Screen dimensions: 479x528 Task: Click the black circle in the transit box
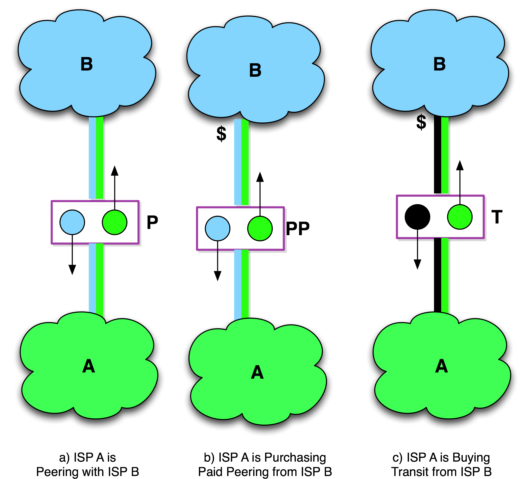pos(417,217)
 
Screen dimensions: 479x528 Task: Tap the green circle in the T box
pos(460,217)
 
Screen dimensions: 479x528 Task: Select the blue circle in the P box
pos(72,222)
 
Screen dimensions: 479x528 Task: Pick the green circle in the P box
pos(115,222)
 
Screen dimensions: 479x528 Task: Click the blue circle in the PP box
pos(218,229)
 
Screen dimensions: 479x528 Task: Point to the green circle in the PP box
pos(260,229)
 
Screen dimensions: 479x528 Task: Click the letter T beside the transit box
pos(497,217)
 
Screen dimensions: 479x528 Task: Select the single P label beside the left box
pos(152,222)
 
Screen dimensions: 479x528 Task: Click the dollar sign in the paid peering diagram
pos(221,135)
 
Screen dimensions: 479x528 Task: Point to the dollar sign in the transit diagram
pos(421,125)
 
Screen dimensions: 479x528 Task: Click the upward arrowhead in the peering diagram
pos(115,171)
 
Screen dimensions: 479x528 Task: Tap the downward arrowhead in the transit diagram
pos(417,264)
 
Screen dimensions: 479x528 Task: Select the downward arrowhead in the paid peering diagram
pos(218,276)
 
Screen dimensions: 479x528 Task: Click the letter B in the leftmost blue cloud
pos(87,64)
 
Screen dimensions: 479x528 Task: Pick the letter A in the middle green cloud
pos(257,372)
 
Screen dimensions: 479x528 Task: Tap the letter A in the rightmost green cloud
pos(442,366)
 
